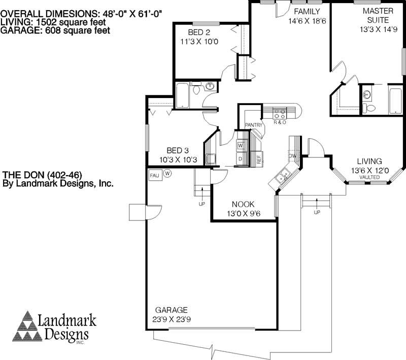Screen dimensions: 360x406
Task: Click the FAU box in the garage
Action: (154, 175)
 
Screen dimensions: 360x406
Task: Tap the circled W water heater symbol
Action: (167, 173)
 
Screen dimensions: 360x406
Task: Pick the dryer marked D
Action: (240, 159)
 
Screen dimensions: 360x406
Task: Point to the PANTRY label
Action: (253, 125)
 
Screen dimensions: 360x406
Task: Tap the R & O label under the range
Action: (280, 122)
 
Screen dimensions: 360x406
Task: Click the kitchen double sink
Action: (282, 177)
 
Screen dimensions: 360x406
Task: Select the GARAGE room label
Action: (172, 310)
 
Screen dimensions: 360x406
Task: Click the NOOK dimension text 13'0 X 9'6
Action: (243, 213)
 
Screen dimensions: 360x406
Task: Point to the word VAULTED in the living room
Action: (369, 178)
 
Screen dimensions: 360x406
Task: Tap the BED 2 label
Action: (198, 32)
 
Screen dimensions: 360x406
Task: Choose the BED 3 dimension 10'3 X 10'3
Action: (178, 159)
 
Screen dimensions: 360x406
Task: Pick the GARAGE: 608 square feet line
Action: (55, 30)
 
